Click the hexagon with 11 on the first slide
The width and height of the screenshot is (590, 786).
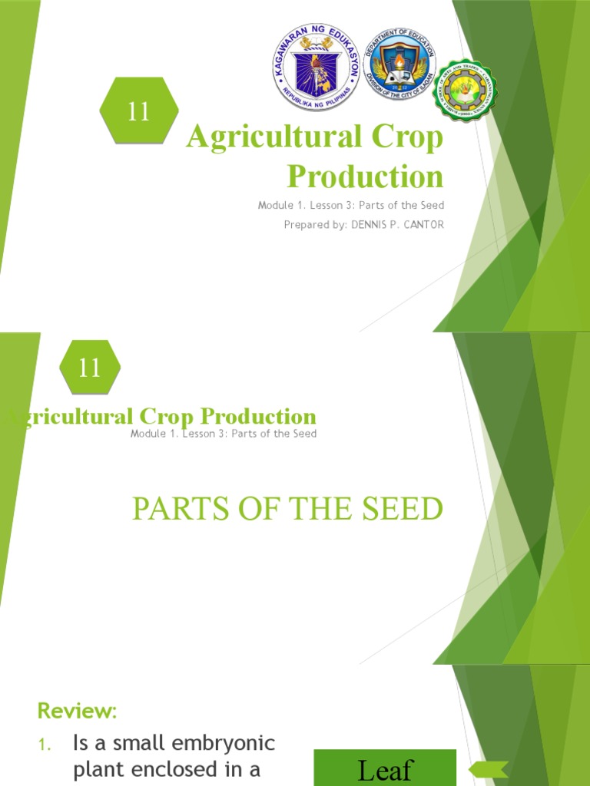pyautogui.click(x=139, y=111)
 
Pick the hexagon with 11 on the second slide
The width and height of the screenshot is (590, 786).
pyautogui.click(x=90, y=368)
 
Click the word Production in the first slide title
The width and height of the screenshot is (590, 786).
pyautogui.click(x=365, y=176)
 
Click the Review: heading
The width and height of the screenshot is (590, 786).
pyautogui.click(x=77, y=711)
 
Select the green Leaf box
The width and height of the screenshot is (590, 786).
pyautogui.click(x=385, y=768)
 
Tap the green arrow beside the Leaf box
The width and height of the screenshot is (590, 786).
pyautogui.click(x=489, y=768)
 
